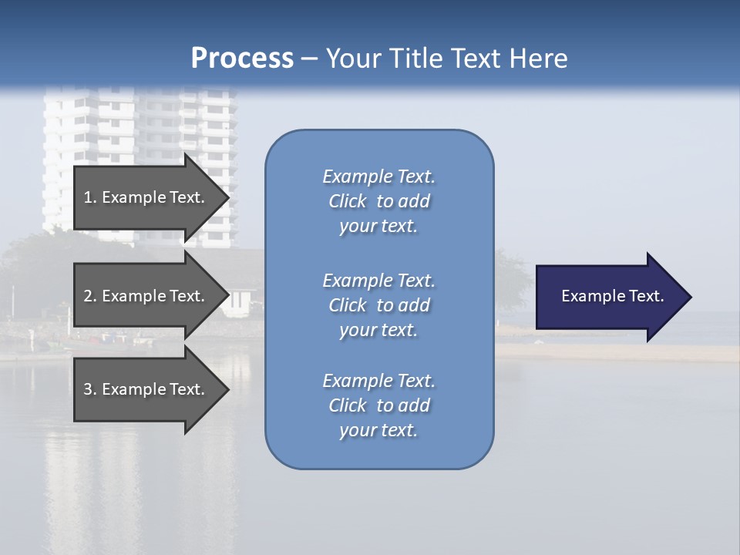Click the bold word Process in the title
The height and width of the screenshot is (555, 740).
click(242, 59)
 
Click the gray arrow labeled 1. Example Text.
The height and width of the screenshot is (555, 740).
click(146, 197)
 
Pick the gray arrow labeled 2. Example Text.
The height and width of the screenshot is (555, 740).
click(146, 296)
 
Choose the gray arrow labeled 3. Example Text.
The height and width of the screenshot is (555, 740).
click(146, 389)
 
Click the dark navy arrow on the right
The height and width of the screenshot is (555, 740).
click(609, 297)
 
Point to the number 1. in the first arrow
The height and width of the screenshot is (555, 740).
click(90, 197)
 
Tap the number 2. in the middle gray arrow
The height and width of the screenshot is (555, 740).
click(90, 296)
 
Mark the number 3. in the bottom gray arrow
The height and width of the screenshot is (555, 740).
click(90, 389)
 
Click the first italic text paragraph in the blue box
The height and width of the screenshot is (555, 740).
click(378, 201)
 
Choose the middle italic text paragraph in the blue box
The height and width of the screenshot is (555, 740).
click(378, 305)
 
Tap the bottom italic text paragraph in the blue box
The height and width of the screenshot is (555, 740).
click(378, 405)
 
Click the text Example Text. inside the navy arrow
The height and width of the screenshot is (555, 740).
click(612, 296)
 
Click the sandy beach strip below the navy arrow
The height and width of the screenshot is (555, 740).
click(617, 353)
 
